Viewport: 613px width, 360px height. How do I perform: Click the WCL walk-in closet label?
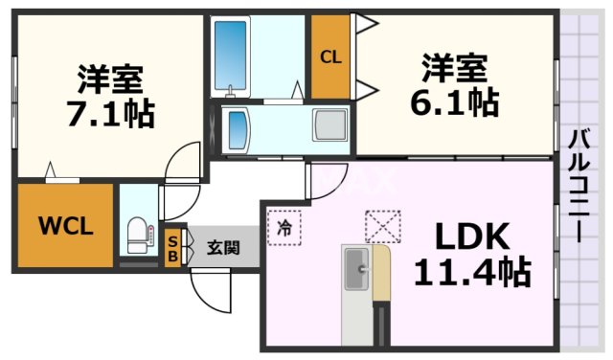tap(65, 227)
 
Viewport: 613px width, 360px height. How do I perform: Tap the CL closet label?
tap(329, 57)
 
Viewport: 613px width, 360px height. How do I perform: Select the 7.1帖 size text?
tap(111, 113)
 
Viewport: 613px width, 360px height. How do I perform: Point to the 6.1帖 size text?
tap(456, 101)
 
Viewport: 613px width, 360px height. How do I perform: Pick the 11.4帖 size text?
tap(471, 273)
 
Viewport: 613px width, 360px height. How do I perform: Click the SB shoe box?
tap(172, 248)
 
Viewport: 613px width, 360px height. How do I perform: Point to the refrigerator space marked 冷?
tap(284, 228)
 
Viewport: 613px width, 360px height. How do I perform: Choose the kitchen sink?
tap(356, 269)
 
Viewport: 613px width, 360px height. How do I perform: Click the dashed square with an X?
tap(379, 226)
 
